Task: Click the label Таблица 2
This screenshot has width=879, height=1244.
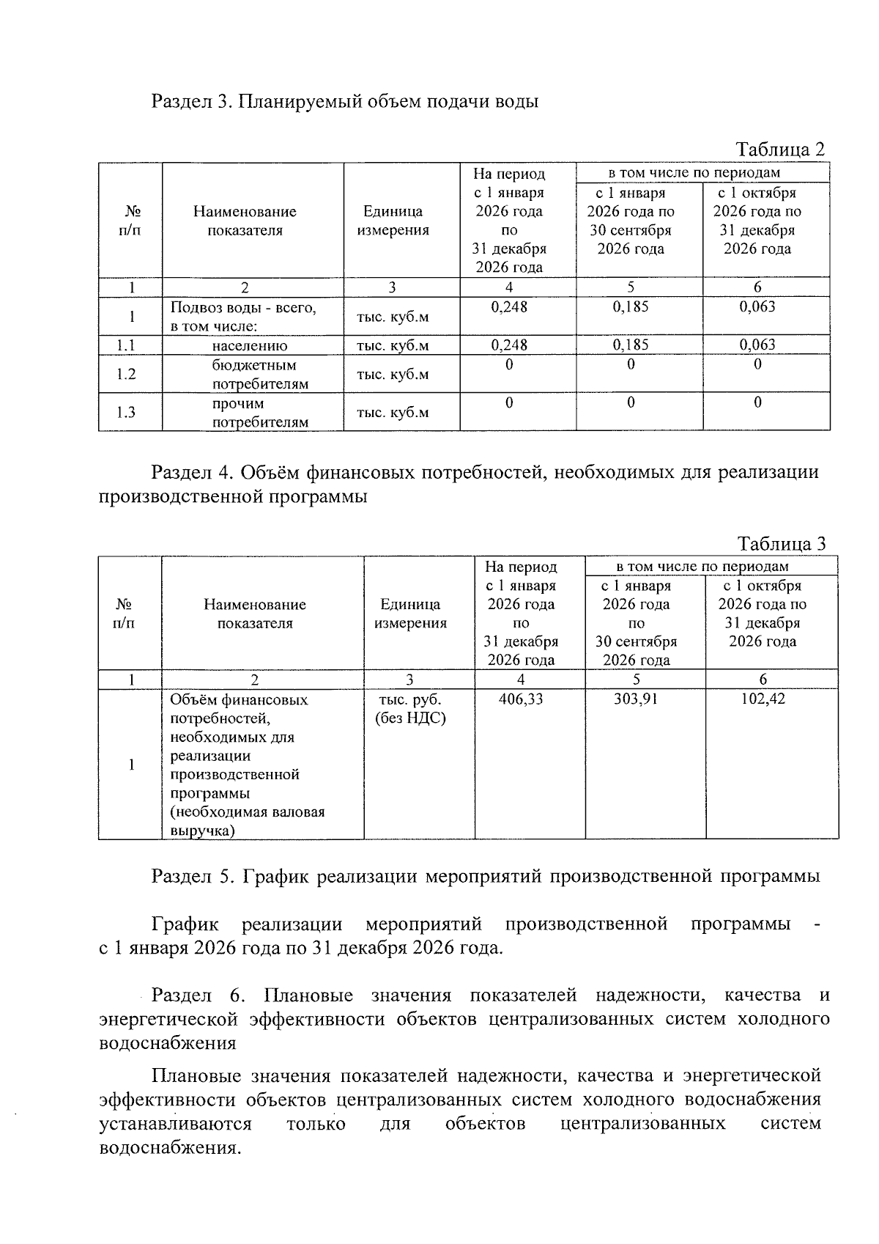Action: click(780, 150)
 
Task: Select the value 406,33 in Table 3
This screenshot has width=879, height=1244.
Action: click(521, 699)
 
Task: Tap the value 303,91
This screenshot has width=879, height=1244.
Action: click(636, 699)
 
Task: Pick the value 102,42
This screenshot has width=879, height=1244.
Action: click(763, 699)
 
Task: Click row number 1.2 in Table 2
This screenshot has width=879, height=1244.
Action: click(126, 374)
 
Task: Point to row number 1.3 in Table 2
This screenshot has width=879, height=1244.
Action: click(126, 412)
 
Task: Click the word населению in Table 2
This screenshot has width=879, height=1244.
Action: click(250, 345)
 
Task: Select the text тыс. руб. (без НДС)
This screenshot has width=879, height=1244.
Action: click(410, 709)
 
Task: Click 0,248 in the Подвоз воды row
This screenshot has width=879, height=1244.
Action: click(509, 306)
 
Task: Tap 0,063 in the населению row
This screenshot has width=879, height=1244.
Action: click(757, 345)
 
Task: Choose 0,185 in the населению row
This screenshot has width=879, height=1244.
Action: click(631, 345)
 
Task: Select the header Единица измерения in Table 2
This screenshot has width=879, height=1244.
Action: click(393, 221)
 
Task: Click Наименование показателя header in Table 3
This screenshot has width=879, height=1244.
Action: click(255, 614)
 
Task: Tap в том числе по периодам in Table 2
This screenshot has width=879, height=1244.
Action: click(694, 173)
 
